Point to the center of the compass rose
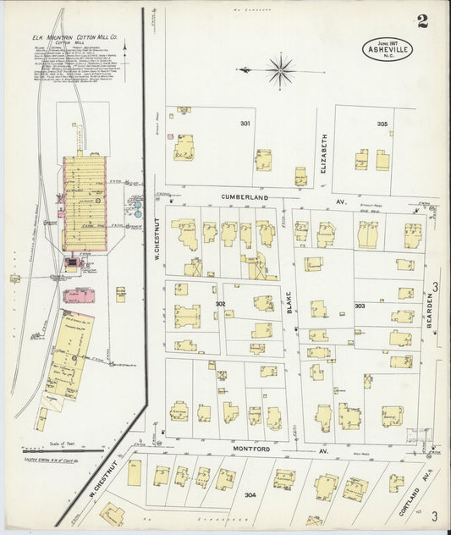[281, 69]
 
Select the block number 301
[245, 124]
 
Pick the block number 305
[382, 124]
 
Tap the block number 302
[220, 303]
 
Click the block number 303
[360, 306]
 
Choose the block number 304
[250, 495]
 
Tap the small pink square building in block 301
[170, 135]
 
